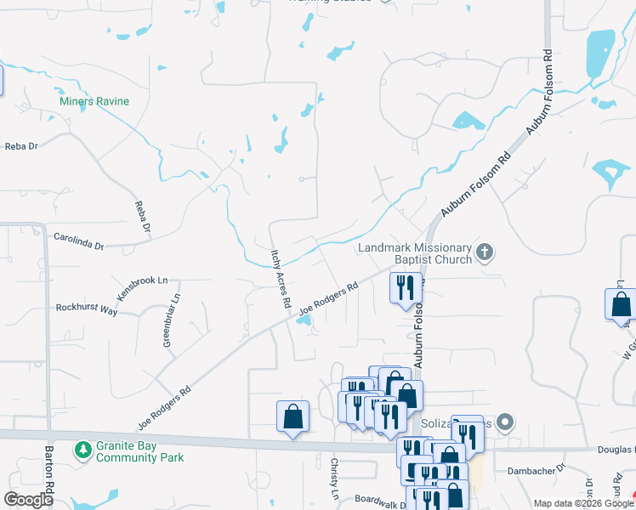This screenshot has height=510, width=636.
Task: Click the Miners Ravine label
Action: tap(94, 102)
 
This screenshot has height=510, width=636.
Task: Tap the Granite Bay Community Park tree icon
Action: tap(83, 448)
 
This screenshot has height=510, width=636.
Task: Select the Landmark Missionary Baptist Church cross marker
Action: tap(485, 251)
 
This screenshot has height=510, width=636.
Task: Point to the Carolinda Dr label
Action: tap(78, 241)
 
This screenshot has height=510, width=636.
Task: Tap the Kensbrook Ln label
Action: tap(143, 285)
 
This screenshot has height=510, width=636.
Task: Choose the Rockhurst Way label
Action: tap(86, 309)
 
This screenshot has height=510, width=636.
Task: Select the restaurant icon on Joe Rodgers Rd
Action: tap(405, 286)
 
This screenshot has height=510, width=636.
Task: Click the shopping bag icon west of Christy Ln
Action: tap(292, 416)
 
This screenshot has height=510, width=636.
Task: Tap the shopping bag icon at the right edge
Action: tap(621, 304)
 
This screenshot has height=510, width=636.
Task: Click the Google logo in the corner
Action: tap(28, 500)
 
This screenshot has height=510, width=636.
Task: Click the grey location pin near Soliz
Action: tap(506, 422)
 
